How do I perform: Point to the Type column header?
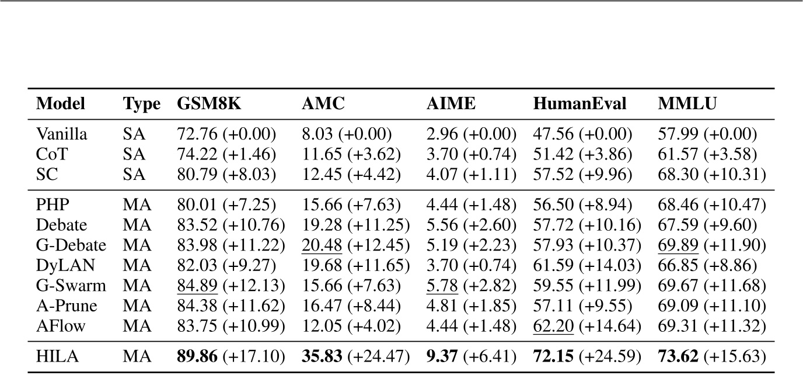141,104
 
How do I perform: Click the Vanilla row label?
62,134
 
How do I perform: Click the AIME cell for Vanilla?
472,134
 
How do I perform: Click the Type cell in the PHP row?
138,206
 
